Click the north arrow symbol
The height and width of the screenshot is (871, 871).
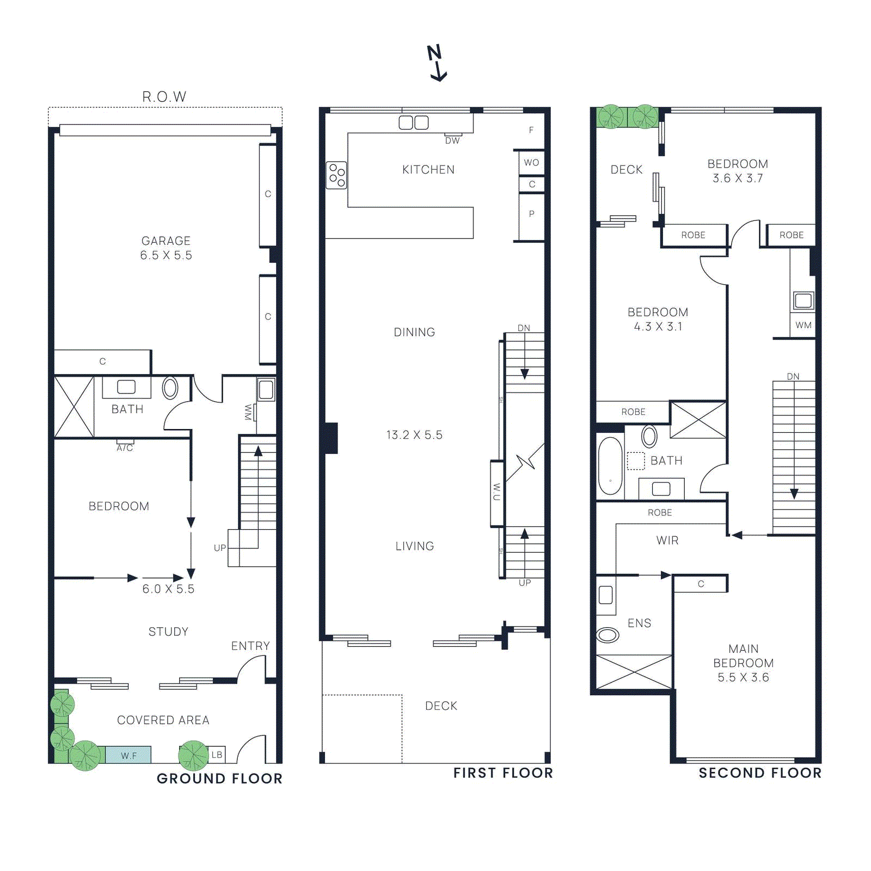pos(436,63)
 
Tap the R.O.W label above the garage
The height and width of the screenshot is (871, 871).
pos(164,97)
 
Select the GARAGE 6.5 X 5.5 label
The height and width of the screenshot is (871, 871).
pos(166,248)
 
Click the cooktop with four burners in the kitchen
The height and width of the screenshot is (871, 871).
pos(336,175)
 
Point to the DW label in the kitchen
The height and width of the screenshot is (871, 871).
pos(452,140)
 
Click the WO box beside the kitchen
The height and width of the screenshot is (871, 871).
pos(531,162)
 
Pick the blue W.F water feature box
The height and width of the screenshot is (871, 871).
pos(128,755)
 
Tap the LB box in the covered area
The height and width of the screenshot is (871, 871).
pos(217,755)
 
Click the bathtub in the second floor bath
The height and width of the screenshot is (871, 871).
pos(610,466)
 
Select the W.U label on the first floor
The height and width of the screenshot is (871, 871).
pos(496,492)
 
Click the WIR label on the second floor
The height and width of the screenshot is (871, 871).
pos(667,541)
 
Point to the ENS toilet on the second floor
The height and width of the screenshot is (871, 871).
pos(608,635)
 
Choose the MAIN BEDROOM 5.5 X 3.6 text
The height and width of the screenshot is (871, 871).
pos(743,663)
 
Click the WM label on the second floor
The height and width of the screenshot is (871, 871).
pos(803,325)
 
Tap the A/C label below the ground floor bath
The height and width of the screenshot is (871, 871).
pos(125,447)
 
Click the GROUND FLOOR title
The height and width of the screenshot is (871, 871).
pos(219,778)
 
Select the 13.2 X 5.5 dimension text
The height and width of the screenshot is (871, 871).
pos(414,435)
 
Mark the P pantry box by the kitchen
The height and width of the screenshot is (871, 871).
pos(531,214)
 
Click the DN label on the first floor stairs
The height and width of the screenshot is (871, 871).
pos(524,328)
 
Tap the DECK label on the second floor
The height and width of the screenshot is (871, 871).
pos(627,169)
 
